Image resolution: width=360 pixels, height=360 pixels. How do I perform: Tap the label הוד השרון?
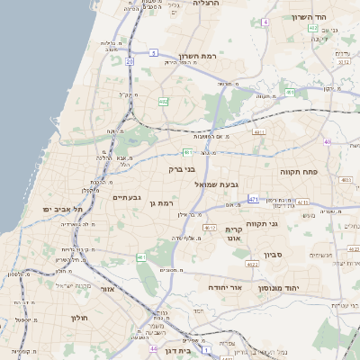tap(314, 17)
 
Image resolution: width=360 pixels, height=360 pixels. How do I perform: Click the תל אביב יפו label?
tap(62, 209)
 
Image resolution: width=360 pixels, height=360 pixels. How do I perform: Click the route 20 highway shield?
tap(130, 61)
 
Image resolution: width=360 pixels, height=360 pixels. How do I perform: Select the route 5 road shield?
tap(153, 54)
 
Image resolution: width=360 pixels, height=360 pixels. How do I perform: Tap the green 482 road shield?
tap(163, 102)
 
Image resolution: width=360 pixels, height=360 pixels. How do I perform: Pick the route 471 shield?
tap(253, 199)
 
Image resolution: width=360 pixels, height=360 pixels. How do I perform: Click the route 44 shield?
tap(155, 348)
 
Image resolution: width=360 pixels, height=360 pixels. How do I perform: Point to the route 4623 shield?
tap(253, 265)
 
